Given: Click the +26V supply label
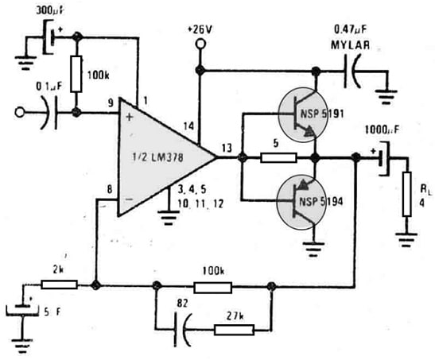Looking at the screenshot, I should coord(200,29).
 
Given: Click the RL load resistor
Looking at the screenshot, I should coord(406,189).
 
